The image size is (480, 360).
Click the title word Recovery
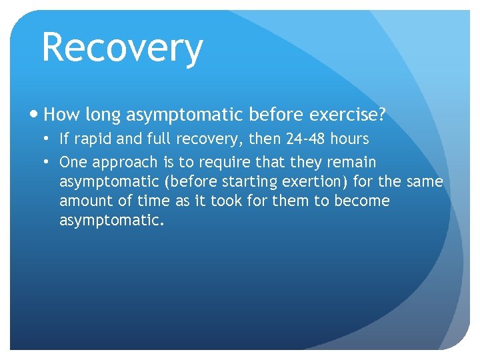tap(122, 49)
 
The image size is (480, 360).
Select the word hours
tap(349, 139)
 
